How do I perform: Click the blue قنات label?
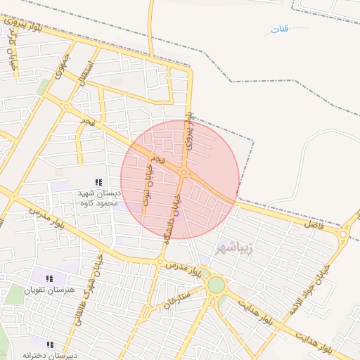281,30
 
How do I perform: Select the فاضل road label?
311,224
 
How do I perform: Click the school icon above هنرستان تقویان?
49,279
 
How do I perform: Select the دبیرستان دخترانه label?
49,355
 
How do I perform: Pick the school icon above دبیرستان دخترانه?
50,344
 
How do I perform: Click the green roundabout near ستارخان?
216,285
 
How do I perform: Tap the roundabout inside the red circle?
184,172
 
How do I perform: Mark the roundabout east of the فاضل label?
344,234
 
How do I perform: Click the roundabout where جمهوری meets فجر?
65,107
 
